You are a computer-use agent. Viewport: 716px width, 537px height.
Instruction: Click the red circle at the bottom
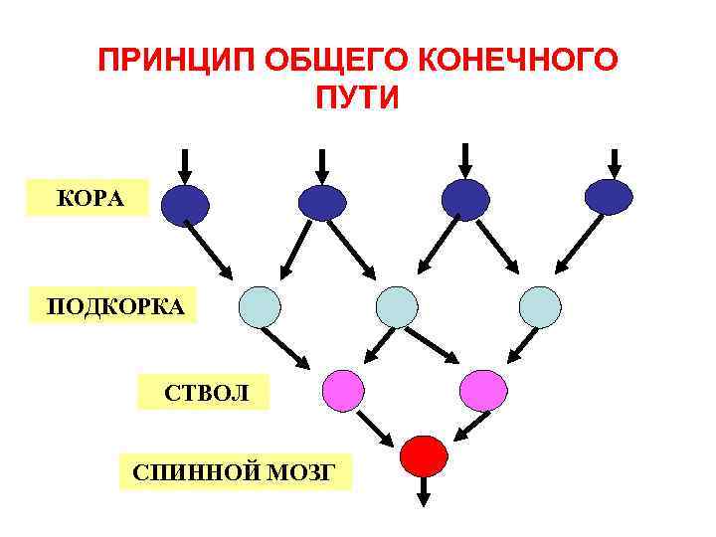[x=423, y=455]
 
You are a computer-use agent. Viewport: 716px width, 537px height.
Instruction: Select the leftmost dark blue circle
[x=185, y=203]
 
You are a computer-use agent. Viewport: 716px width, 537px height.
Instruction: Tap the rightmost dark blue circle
[x=609, y=197]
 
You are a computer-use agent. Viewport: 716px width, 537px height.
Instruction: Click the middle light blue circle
[x=397, y=306]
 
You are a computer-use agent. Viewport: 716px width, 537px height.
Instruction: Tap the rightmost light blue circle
[x=540, y=306]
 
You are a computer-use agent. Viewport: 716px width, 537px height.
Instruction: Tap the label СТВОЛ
[x=202, y=392]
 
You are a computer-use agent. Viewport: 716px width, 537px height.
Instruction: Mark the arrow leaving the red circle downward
[x=423, y=491]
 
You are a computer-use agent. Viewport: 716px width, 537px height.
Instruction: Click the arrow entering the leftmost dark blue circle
[x=185, y=164]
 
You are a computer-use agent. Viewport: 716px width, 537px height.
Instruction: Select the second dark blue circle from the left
[x=322, y=203]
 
